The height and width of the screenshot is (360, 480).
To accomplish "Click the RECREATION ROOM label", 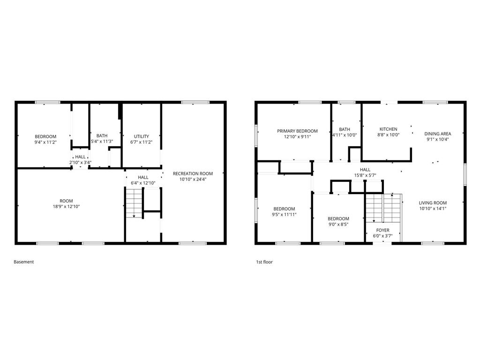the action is tap(193, 173).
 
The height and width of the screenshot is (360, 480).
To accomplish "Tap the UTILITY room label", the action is tap(142, 136).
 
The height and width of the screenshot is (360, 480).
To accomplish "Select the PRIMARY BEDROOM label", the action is tap(297, 131).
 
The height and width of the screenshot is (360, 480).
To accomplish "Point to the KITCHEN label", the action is tap(389, 129).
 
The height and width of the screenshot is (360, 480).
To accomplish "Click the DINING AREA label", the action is tap(438, 134).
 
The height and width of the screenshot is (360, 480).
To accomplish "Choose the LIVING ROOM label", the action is tap(433, 202).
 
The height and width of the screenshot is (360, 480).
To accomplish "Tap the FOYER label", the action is tap(382, 230).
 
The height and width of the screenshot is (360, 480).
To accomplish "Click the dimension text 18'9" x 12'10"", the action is tap(66, 207).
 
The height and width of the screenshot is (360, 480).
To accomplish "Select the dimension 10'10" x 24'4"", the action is tap(193, 179).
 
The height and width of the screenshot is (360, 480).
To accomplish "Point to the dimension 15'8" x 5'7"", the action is tap(365, 175).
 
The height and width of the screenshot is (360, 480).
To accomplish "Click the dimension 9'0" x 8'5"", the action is tap(338, 224).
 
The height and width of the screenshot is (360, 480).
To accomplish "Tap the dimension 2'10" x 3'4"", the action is tap(81, 163).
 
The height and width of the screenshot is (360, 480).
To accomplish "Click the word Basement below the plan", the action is tap(24, 262).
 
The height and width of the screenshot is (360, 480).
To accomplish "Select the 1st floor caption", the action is tap(264, 262).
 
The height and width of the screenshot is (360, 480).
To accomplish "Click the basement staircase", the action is tap(135, 203).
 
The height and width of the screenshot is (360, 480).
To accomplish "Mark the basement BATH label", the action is tap(102, 135).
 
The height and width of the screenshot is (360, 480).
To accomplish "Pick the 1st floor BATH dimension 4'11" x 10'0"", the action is tap(345, 135).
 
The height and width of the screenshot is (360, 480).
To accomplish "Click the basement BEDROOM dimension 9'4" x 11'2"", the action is tap(45, 142).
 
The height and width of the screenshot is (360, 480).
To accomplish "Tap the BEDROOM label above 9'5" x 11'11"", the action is tap(284, 209).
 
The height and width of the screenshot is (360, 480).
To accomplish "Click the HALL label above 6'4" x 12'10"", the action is tap(143, 177).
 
